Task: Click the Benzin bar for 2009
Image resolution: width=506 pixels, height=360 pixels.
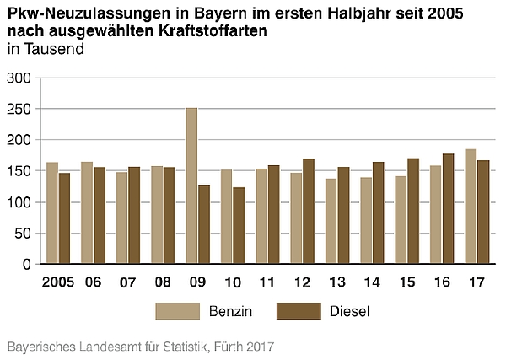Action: click(191, 185)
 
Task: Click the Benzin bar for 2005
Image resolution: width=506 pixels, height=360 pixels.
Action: click(52, 213)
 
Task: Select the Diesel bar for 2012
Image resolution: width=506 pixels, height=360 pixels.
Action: click(309, 212)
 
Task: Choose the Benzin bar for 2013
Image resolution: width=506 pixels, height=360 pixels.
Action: click(331, 222)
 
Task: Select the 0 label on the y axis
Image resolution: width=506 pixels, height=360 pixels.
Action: click(26, 265)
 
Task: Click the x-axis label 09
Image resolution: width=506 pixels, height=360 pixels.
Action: click(197, 282)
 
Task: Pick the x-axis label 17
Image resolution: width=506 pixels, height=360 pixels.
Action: click(476, 282)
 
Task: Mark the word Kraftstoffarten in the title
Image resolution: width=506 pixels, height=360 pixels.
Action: click(213, 31)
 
